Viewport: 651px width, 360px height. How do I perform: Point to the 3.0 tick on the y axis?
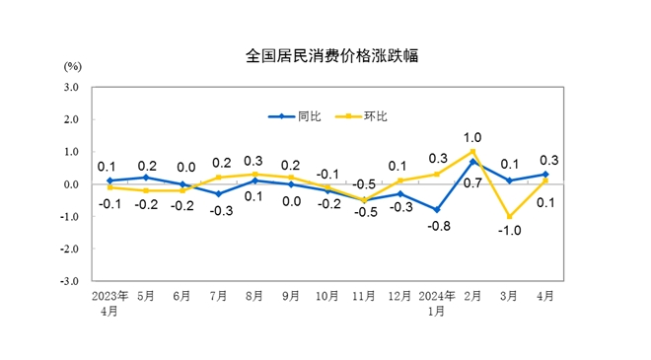point(70,87)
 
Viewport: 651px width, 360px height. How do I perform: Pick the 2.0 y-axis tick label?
point(70,119)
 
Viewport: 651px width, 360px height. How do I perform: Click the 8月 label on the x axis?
point(254,295)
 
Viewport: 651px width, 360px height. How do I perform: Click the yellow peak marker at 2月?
point(473,152)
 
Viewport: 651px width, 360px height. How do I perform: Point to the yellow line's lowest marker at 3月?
point(510,217)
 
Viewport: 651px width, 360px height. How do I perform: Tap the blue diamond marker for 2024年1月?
point(437,210)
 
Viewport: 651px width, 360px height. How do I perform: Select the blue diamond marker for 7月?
point(218,194)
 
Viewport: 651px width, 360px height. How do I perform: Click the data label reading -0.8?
point(439,227)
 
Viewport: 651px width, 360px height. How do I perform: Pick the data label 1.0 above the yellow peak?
point(472,137)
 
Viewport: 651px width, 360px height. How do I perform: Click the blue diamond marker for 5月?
point(145,178)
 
